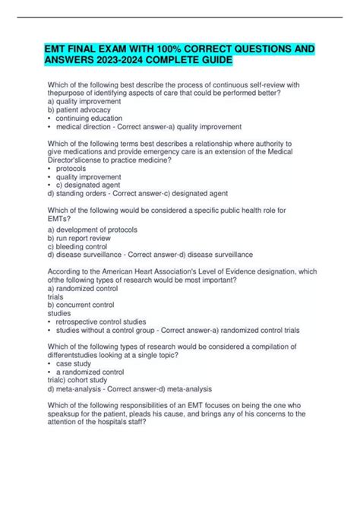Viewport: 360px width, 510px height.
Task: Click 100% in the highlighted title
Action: tap(161, 49)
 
